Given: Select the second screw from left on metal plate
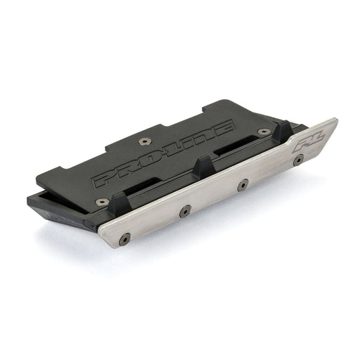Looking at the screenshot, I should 185,210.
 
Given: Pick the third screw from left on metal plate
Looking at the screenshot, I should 243,184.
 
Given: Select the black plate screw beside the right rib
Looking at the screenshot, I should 263,131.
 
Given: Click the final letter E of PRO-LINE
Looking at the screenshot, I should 224,127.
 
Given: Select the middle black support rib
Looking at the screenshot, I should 204,167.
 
